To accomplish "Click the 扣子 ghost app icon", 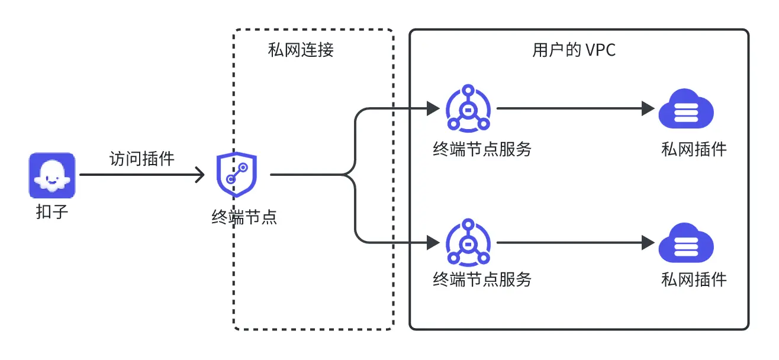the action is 52,175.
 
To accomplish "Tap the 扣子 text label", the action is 52,212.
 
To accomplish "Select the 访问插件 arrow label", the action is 142,159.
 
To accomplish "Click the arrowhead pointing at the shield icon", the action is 200,175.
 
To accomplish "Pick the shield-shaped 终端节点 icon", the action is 237,175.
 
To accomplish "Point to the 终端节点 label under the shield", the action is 244,217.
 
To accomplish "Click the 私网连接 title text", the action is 301,50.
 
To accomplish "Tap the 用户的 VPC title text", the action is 574,50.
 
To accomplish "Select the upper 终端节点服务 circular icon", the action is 468,108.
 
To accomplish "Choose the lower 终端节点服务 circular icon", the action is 468,243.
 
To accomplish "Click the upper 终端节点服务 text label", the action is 482,149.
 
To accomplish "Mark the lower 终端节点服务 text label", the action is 482,279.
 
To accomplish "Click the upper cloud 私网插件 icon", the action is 686,108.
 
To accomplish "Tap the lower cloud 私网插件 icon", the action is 686,243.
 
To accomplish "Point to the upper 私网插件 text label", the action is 694,149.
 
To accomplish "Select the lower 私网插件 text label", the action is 694,279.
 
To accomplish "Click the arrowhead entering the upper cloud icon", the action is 648,108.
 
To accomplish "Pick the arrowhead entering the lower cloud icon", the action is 648,243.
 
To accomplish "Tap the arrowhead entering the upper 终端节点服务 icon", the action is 433,108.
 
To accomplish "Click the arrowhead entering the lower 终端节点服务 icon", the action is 433,243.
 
